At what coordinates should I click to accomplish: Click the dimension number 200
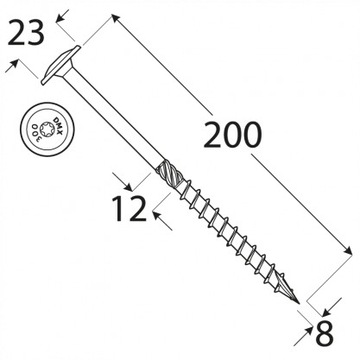(236, 135)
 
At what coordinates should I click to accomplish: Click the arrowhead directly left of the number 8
(303, 329)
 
